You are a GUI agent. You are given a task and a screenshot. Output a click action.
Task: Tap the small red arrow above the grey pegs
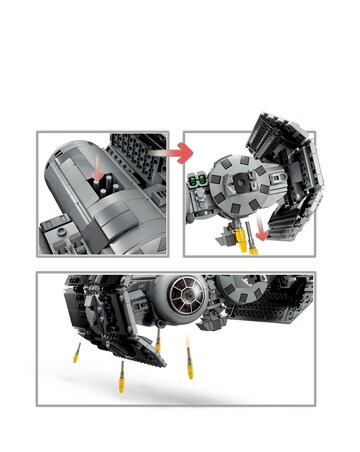coord(95,168)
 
